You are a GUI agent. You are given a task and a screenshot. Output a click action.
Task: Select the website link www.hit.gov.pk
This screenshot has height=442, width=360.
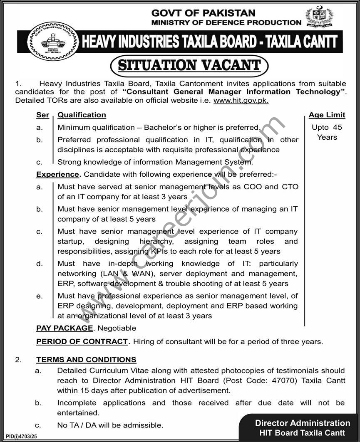[241, 100]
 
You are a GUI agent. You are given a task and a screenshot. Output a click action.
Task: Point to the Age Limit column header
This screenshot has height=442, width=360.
[327, 115]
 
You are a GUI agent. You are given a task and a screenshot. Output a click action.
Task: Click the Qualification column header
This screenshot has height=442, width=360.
[82, 115]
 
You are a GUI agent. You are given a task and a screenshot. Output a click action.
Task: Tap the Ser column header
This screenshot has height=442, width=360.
[42, 115]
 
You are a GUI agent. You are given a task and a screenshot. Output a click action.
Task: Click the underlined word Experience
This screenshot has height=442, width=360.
[57, 174]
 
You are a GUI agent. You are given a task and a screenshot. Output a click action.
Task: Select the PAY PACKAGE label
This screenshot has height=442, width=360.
[65, 328]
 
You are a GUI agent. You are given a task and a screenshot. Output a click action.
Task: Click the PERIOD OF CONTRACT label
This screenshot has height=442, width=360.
[82, 341]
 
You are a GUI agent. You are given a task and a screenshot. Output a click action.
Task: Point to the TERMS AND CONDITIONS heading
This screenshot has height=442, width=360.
[86, 360]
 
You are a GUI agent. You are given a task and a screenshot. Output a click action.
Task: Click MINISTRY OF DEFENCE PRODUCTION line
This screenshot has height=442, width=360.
[226, 22]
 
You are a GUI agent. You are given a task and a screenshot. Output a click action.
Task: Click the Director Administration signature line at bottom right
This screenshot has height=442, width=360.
[302, 423]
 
